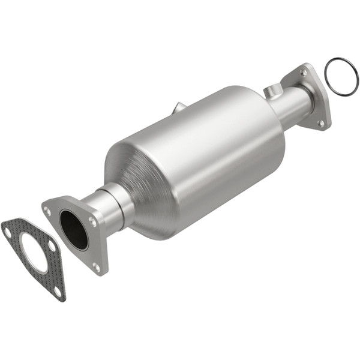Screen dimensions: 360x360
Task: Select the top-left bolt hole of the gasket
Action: click(x=7, y=230)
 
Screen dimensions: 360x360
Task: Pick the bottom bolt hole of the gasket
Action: click(x=57, y=290)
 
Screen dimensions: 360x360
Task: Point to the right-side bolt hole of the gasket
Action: click(x=52, y=246)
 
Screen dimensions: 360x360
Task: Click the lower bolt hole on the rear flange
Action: click(x=321, y=122)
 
